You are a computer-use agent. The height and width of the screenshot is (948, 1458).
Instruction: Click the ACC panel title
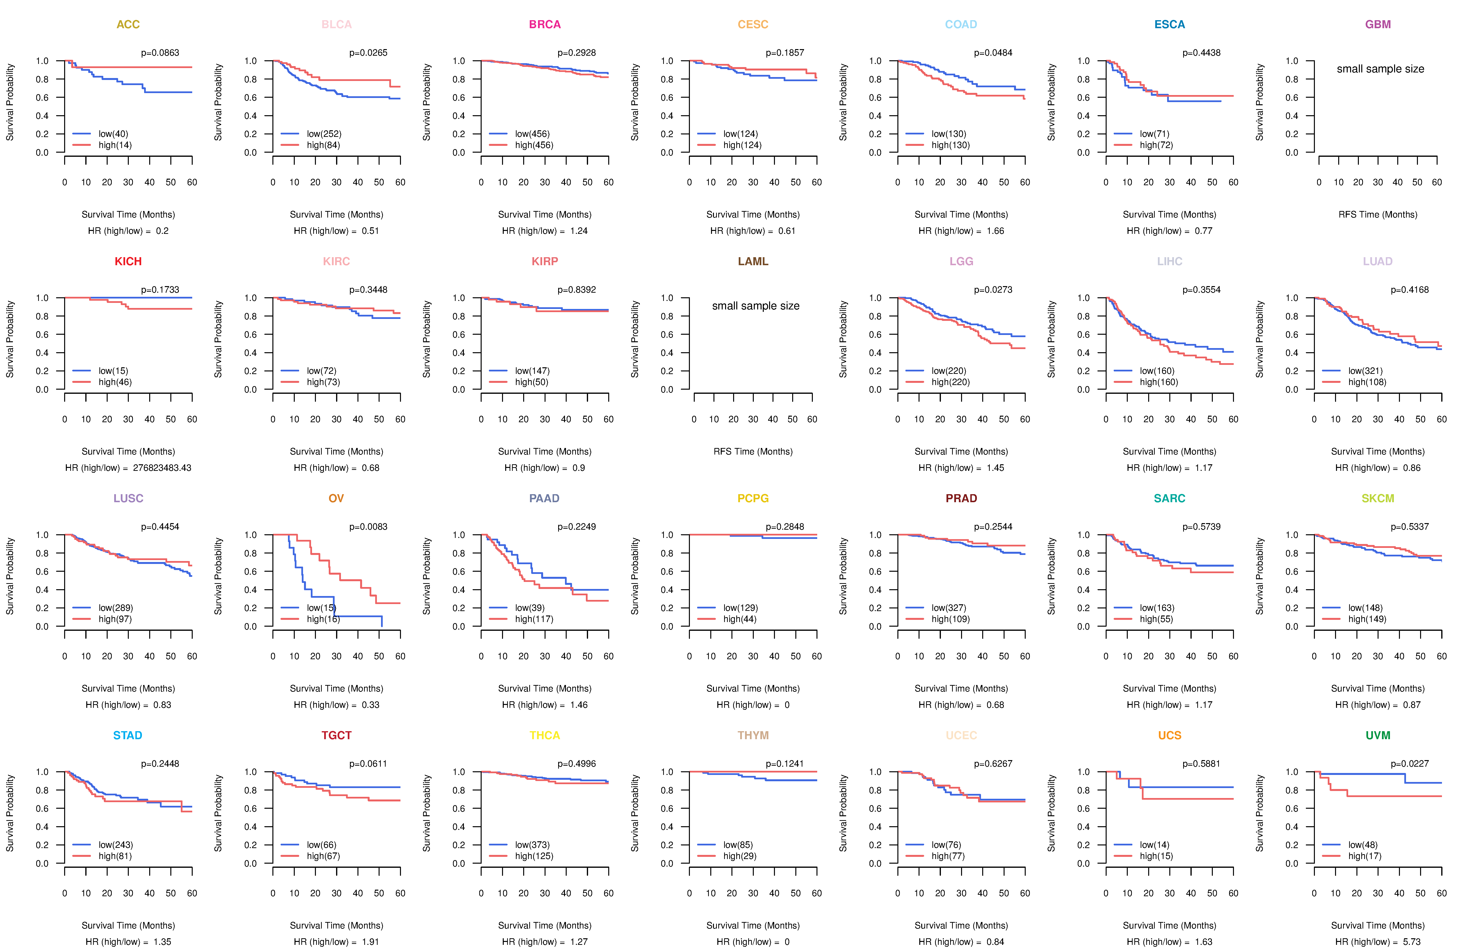(128, 25)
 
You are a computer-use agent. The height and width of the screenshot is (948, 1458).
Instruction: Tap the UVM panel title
(1378, 735)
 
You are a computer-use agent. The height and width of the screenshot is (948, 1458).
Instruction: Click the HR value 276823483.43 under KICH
(162, 468)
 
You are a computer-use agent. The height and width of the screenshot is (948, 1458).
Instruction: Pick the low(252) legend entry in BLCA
(324, 134)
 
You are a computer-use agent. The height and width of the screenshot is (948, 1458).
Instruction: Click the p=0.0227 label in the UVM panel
(1410, 764)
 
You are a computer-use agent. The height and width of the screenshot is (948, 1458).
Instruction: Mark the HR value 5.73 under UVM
(1411, 942)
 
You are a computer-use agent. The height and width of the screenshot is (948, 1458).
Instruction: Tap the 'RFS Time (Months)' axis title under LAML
(753, 452)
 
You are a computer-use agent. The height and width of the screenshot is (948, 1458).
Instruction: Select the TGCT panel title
(336, 735)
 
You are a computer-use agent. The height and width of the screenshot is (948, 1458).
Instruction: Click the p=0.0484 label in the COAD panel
(993, 53)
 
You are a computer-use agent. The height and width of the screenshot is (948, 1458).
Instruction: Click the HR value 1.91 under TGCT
(370, 942)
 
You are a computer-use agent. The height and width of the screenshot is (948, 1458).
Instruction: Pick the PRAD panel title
(961, 498)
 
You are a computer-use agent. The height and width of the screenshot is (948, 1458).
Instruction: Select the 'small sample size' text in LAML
(755, 306)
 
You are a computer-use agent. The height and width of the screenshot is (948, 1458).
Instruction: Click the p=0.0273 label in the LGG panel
(993, 290)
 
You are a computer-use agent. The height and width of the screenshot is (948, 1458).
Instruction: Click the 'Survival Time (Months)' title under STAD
(128, 925)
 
